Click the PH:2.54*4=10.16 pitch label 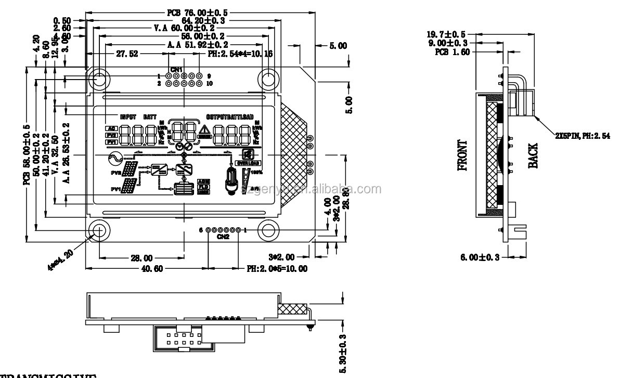[x=240, y=53]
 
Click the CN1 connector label [x=176, y=69]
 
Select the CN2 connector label [x=223, y=237]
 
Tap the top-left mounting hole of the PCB [x=98, y=79]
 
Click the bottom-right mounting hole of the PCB [x=269, y=230]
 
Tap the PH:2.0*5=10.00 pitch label [x=277, y=269]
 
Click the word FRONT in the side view [x=462, y=155]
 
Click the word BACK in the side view [x=534, y=155]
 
